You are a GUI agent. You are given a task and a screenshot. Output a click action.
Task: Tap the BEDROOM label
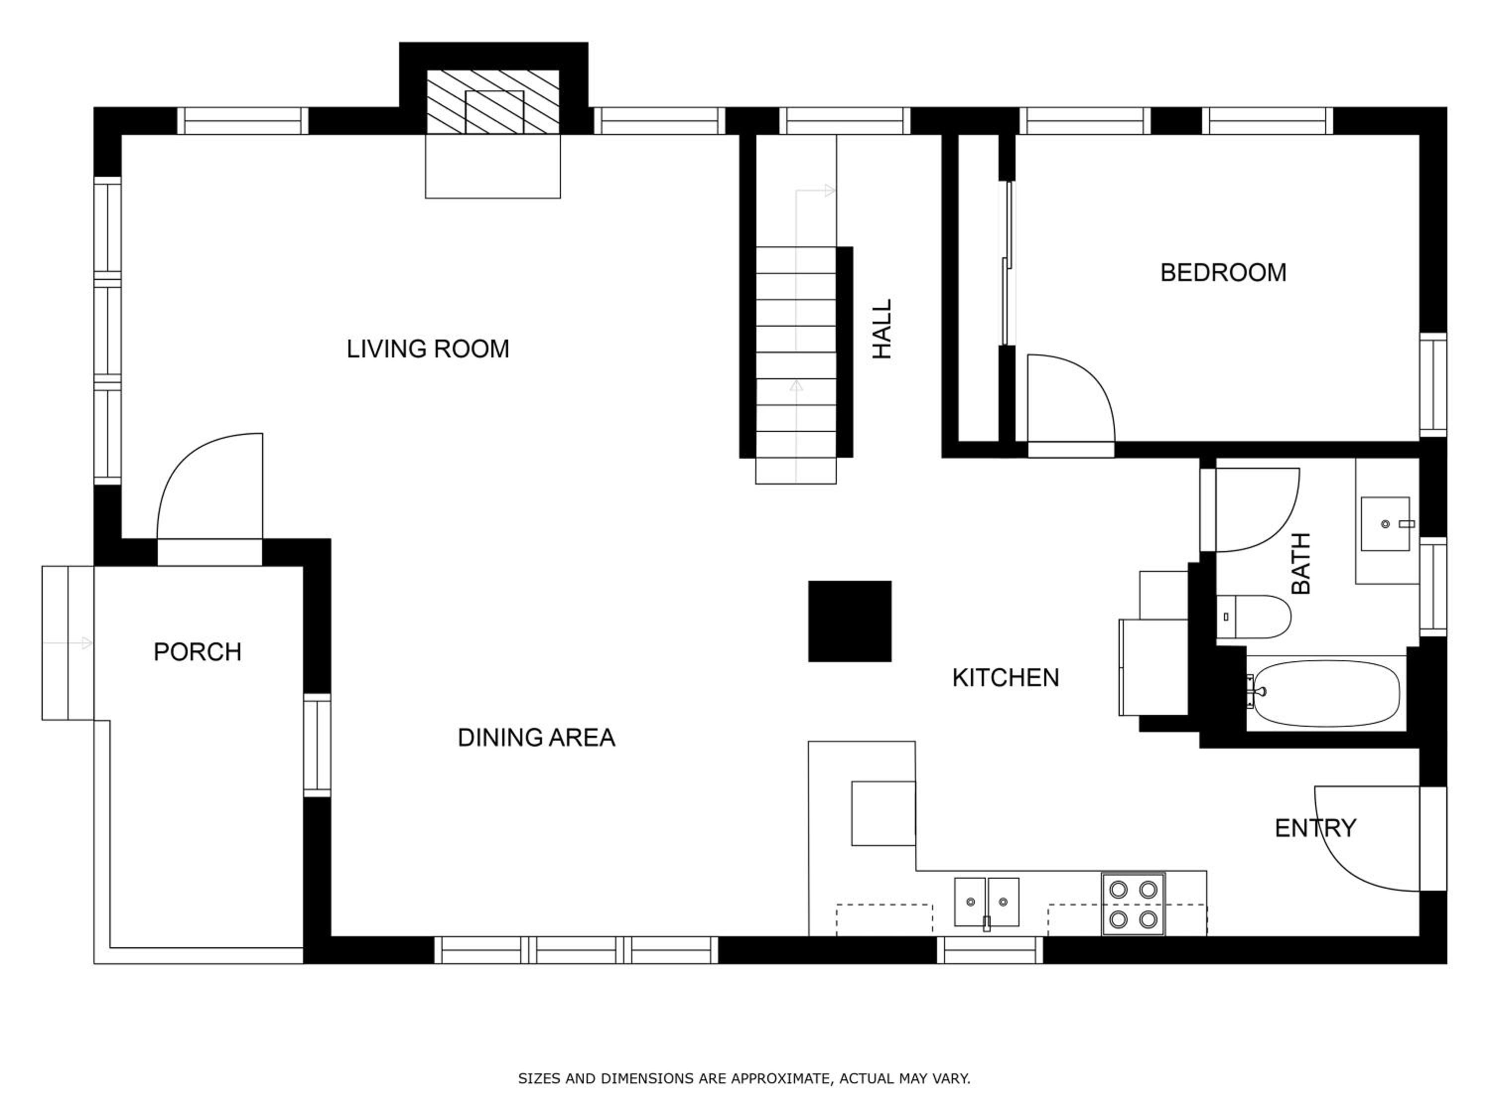[x=1223, y=273]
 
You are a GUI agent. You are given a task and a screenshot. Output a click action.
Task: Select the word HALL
[x=882, y=329]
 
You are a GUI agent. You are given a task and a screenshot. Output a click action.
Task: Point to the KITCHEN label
[x=1006, y=677]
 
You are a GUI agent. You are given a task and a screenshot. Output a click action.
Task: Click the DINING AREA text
[x=536, y=738]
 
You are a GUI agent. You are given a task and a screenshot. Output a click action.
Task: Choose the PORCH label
[x=197, y=652]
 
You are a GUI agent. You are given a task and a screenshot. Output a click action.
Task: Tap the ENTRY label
[x=1315, y=828]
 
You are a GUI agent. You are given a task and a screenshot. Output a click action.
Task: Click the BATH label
[x=1301, y=563]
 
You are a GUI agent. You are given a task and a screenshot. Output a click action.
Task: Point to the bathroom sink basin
[x=1385, y=524]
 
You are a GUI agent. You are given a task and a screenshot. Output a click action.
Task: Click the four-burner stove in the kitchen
[x=1133, y=904]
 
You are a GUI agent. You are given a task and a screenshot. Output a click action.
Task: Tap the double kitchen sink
[x=987, y=902]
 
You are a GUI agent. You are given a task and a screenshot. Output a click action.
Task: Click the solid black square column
[x=850, y=621]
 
